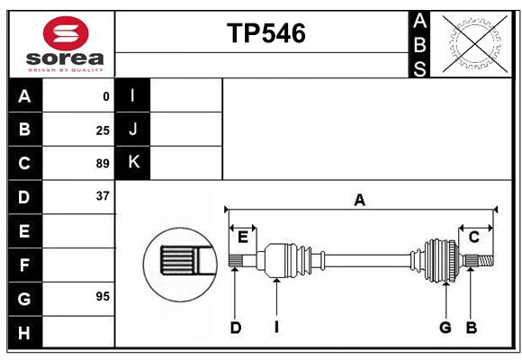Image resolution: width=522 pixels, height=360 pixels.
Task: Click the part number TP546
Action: coord(265,33)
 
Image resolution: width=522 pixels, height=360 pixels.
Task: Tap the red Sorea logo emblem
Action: coord(66,35)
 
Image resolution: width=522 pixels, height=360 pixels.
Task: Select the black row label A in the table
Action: coord(24,96)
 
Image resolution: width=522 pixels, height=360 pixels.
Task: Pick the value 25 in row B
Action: coord(103,130)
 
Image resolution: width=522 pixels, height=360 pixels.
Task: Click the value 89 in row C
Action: coord(103,164)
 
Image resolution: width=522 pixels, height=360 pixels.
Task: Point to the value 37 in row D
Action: coord(103,196)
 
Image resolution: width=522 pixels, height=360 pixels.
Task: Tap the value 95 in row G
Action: coord(103,297)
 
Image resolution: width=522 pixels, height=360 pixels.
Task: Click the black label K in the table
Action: coord(133,163)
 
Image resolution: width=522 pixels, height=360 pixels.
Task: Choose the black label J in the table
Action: coord(133,130)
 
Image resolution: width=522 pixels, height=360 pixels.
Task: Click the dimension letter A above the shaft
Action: coord(359,201)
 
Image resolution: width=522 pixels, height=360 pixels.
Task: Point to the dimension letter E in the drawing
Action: coord(242,237)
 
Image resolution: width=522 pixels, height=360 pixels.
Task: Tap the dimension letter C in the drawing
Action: coord(474,237)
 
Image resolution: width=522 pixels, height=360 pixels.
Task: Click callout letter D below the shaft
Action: coord(235,328)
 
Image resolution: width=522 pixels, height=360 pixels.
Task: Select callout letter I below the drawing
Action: coord(276,328)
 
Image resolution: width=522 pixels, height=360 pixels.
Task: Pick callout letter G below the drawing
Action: coord(445,328)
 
